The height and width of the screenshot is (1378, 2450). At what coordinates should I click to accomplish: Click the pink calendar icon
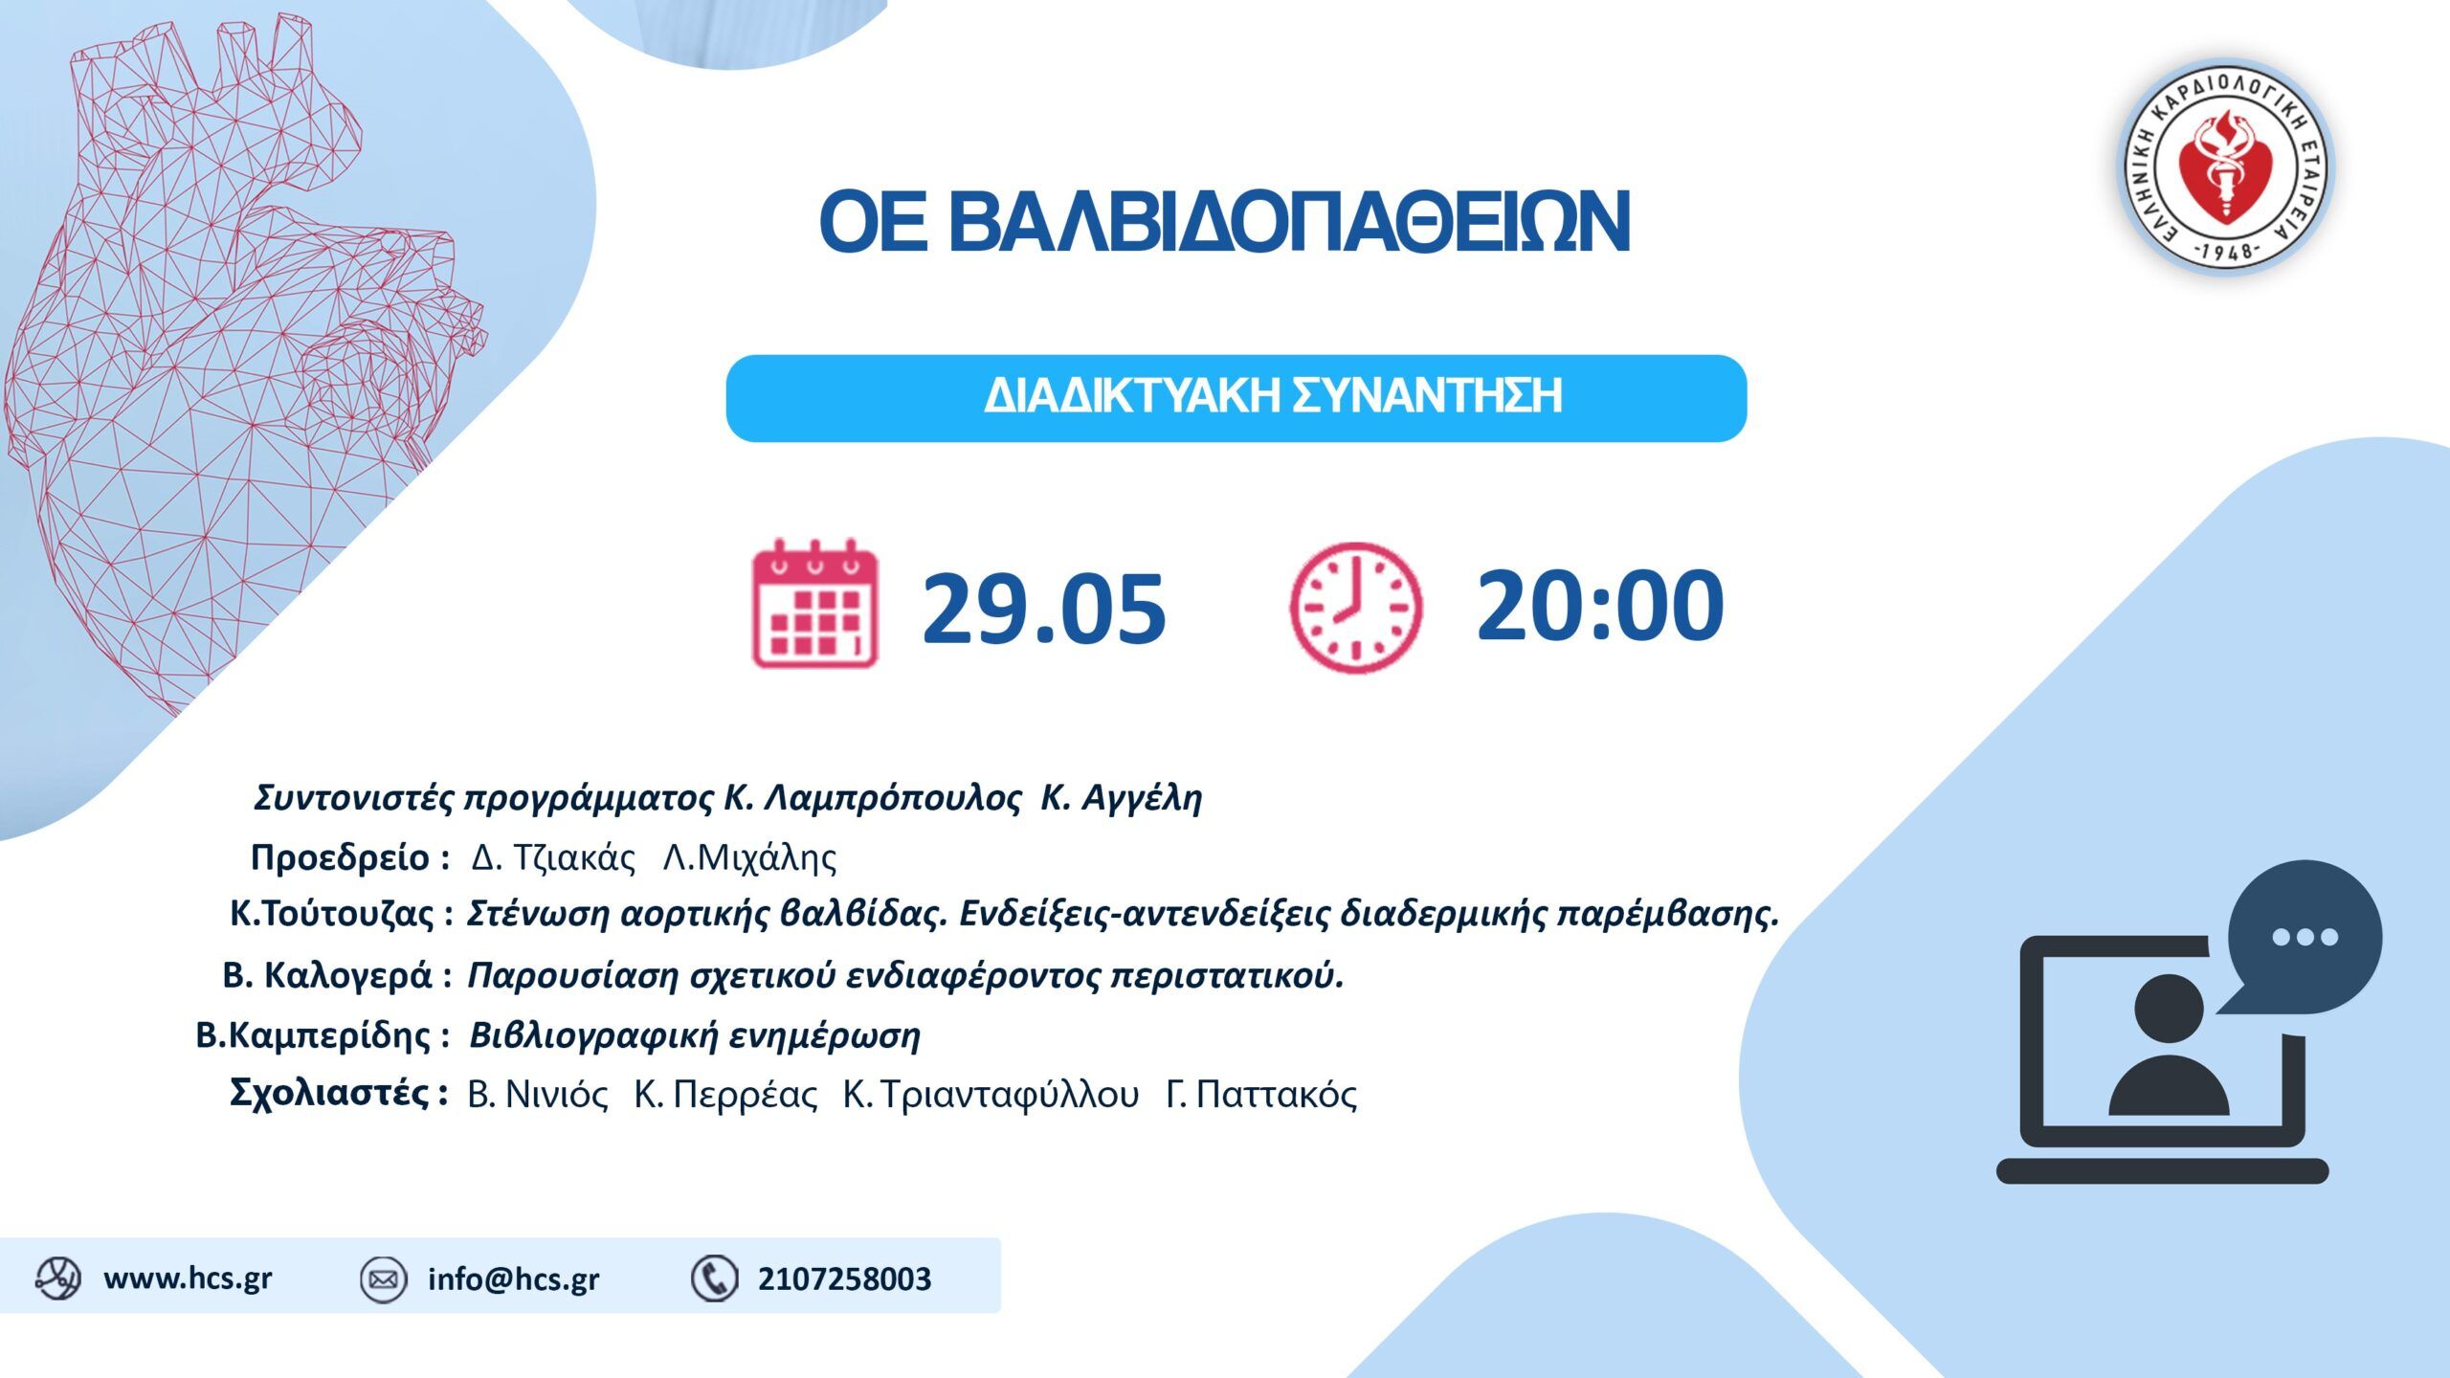coord(814,605)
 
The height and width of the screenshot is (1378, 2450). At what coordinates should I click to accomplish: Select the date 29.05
coord(1043,609)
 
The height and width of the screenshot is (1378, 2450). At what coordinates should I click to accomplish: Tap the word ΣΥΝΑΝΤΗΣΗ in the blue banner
coord(1426,396)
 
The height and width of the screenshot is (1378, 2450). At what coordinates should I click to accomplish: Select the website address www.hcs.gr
coord(188,1278)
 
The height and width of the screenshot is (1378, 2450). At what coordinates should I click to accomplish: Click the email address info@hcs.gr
coord(513,1279)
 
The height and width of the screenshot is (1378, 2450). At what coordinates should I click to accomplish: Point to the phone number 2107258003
coord(844,1279)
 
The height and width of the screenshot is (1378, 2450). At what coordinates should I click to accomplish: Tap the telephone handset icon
coord(714,1279)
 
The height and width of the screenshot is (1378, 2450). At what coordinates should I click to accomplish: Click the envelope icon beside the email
coord(384,1279)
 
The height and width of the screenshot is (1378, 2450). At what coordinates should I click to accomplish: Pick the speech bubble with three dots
coord(2305,936)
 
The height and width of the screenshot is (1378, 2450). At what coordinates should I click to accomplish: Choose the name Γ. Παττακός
coord(1261,1095)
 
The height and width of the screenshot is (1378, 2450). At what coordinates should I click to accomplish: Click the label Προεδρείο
coord(340,857)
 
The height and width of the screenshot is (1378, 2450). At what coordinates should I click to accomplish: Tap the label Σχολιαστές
coord(329,1093)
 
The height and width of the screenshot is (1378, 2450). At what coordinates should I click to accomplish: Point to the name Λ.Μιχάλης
coord(749,857)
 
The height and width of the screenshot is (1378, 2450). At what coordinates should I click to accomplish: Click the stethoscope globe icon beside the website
coord(57,1278)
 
